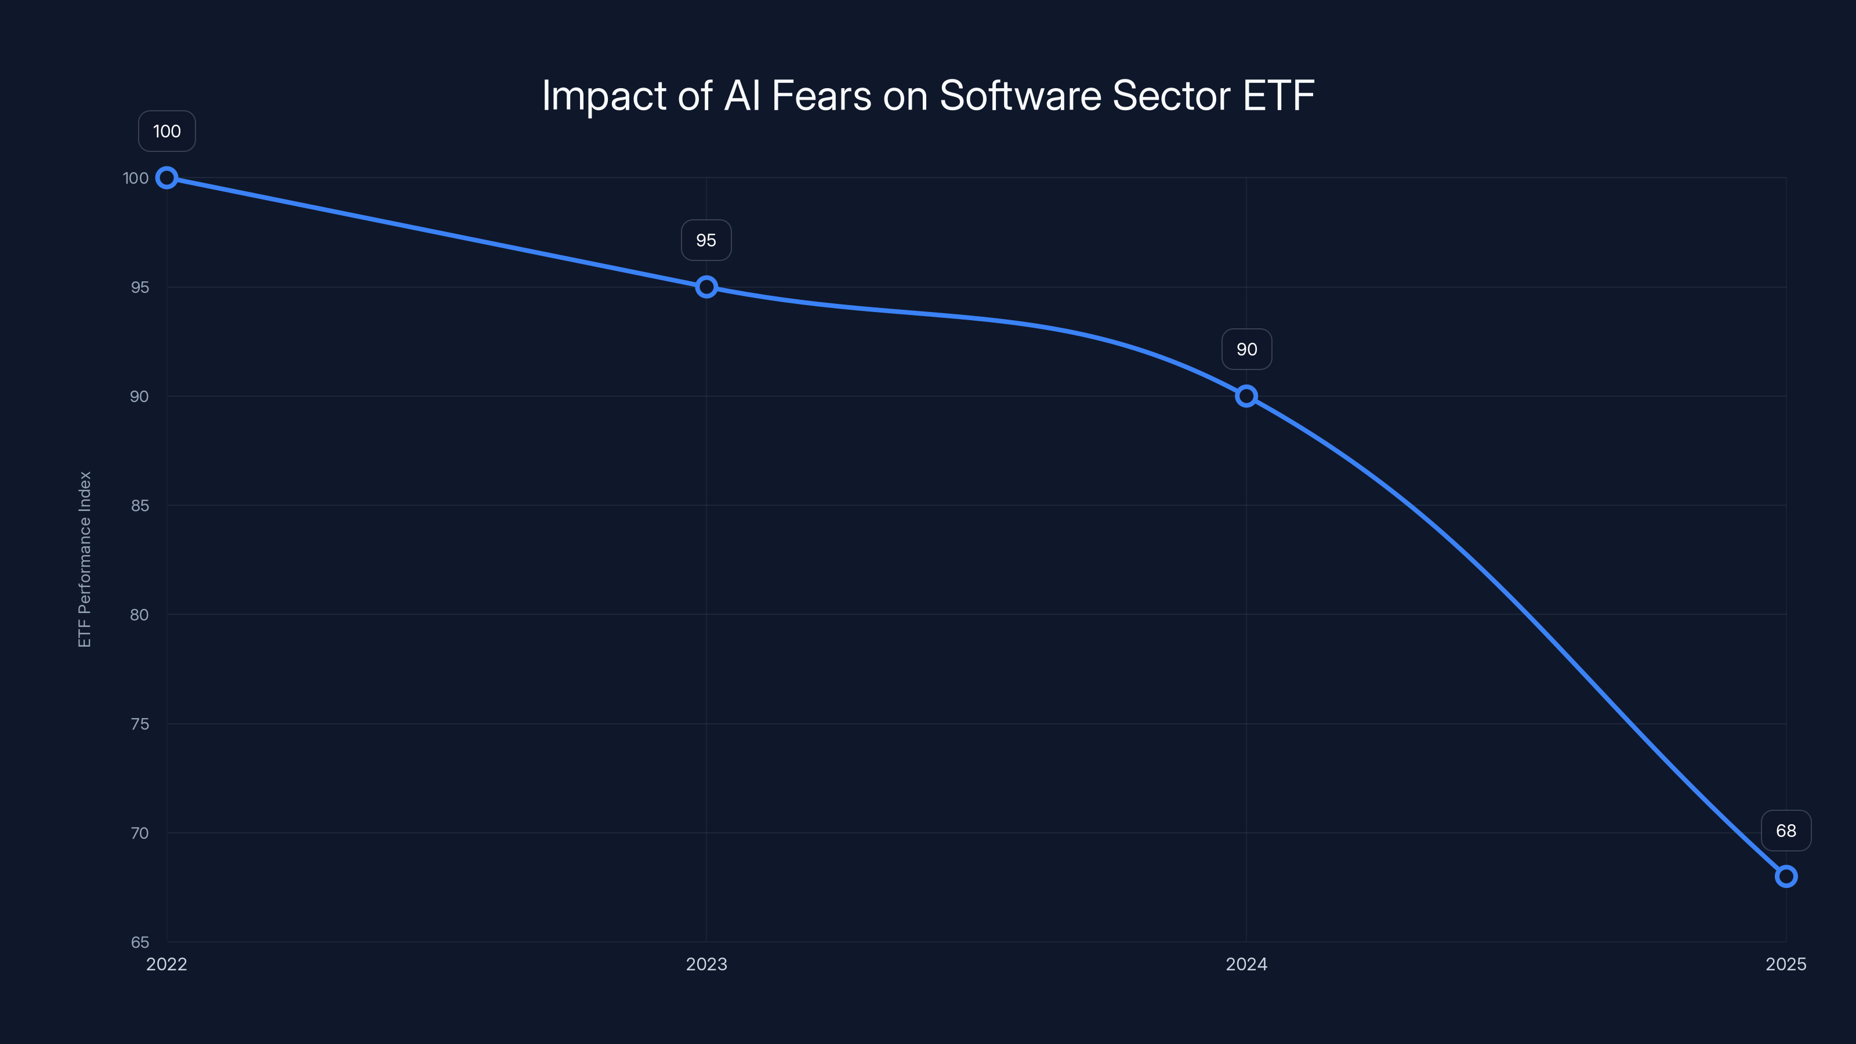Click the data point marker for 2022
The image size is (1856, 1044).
(x=166, y=178)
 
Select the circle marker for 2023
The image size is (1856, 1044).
(x=706, y=287)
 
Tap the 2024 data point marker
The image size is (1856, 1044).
(x=1246, y=396)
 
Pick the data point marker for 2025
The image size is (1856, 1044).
(x=1785, y=876)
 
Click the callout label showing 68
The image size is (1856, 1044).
(x=1785, y=831)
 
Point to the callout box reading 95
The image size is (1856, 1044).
(x=706, y=240)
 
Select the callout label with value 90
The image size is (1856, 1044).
(x=1246, y=349)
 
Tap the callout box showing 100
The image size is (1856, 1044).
(x=166, y=131)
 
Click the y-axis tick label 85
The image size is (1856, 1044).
(x=139, y=506)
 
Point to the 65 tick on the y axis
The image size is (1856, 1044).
(x=139, y=942)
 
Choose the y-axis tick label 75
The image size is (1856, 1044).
(x=139, y=724)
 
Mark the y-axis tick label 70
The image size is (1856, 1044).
(x=139, y=833)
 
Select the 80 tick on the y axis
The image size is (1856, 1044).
(x=139, y=615)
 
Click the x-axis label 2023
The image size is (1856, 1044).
(x=706, y=965)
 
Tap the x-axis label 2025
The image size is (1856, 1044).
(x=1785, y=965)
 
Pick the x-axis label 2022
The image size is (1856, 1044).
(x=166, y=965)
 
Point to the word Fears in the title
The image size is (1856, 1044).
(x=821, y=96)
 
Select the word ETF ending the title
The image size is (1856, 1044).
(x=1279, y=96)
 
